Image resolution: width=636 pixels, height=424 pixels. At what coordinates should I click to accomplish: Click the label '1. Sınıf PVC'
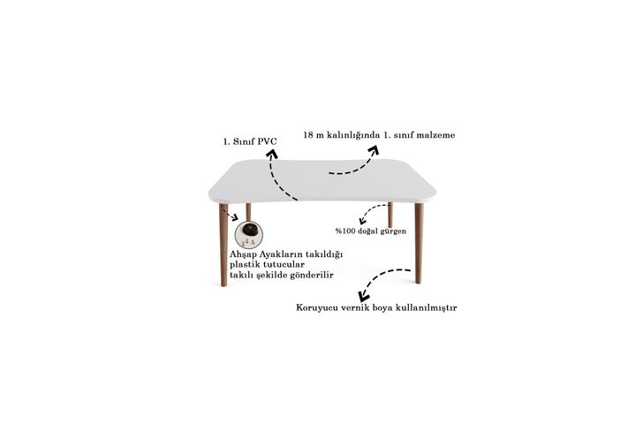(250, 141)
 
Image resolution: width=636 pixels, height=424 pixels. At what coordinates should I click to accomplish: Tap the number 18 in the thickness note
(308, 135)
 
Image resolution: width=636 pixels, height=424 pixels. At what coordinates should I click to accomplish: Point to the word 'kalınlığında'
(353, 136)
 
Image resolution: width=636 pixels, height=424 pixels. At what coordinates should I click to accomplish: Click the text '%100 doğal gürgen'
(371, 231)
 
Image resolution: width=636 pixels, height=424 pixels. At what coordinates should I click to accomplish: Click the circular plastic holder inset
(248, 234)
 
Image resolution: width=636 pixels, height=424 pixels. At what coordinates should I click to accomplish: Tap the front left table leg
(223, 245)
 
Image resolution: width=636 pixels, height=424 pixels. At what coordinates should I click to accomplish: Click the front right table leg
(419, 243)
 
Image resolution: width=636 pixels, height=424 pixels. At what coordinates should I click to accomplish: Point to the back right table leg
(390, 215)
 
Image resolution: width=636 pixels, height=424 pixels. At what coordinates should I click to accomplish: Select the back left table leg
(248, 212)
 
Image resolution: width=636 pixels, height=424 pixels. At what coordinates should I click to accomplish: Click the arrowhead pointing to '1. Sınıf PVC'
(272, 154)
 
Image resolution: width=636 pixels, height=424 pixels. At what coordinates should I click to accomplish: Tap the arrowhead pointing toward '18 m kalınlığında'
(373, 150)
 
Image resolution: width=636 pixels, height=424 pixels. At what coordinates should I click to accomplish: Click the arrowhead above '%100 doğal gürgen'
(362, 220)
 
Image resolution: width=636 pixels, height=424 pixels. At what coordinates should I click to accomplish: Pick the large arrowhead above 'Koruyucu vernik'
(364, 296)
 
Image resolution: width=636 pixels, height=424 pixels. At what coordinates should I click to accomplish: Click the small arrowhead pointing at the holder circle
(235, 218)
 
